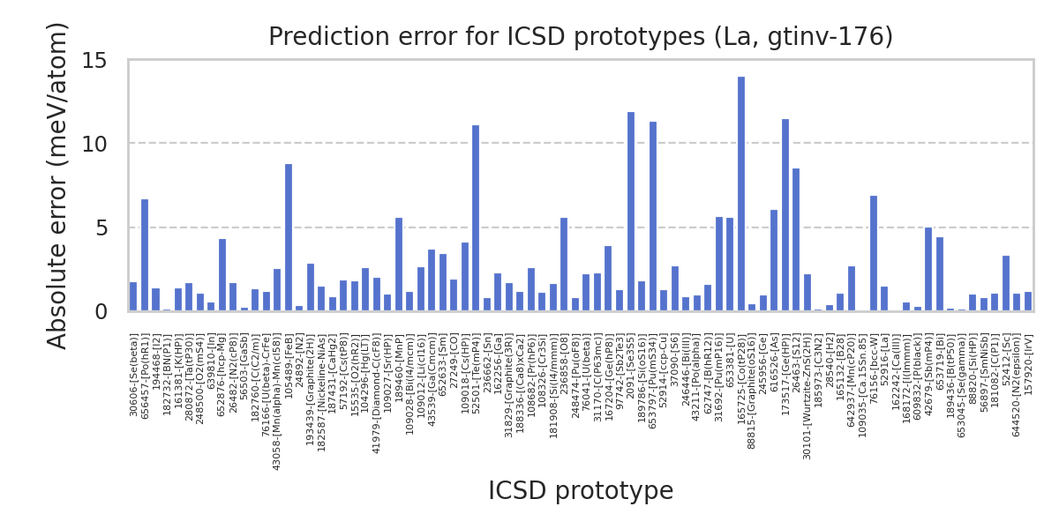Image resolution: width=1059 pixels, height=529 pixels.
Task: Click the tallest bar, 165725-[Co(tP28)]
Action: (x=741, y=194)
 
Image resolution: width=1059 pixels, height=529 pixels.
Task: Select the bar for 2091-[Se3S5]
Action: (x=631, y=212)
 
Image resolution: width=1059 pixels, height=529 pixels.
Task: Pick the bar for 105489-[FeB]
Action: (x=289, y=238)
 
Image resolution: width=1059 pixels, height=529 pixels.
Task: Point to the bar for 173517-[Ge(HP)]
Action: (x=785, y=215)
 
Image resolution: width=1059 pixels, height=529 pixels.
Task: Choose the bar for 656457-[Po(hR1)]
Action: (x=145, y=256)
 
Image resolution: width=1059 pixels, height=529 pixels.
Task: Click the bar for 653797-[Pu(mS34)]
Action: (x=653, y=217)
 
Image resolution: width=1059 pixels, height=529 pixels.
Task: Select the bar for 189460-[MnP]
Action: (x=399, y=264)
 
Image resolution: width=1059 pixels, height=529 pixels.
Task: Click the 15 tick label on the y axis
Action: (x=94, y=61)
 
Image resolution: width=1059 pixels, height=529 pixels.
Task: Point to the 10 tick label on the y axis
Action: (x=94, y=144)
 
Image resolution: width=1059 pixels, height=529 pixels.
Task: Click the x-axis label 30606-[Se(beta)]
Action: (x=134, y=375)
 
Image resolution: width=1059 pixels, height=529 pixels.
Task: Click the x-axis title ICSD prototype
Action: (x=581, y=491)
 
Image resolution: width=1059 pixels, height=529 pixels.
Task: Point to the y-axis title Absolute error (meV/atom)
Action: (x=58, y=185)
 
